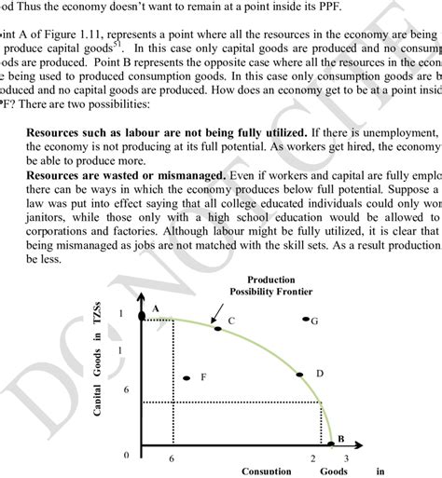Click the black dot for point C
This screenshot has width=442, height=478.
217,328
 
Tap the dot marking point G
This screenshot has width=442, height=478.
305,321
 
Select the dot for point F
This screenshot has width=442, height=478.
187,378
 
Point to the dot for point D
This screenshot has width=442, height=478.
299,375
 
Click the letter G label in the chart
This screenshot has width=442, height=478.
315,321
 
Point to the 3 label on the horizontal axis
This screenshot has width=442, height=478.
346,458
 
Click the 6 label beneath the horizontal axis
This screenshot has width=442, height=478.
172,458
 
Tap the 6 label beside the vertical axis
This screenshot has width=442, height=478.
125,390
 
